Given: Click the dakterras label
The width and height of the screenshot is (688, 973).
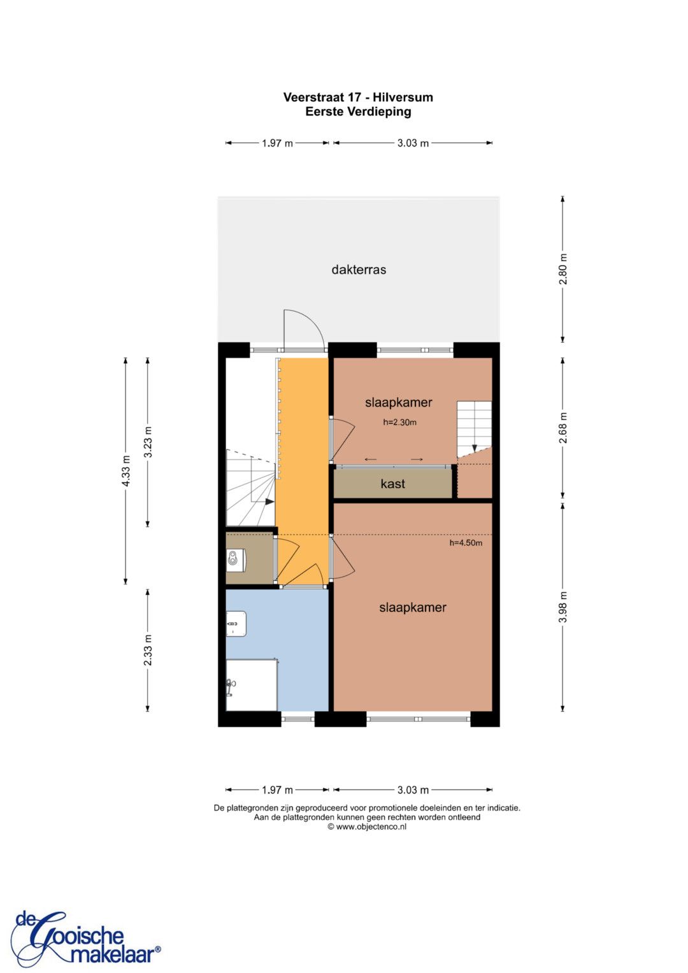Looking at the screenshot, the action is pyautogui.click(x=358, y=270).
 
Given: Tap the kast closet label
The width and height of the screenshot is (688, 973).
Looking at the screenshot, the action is pyautogui.click(x=392, y=484).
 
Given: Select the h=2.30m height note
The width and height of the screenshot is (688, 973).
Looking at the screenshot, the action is pyautogui.click(x=399, y=422).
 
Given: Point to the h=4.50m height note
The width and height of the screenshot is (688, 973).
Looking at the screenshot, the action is pyautogui.click(x=466, y=543).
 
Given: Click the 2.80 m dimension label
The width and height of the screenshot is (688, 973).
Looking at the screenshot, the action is pyautogui.click(x=563, y=269).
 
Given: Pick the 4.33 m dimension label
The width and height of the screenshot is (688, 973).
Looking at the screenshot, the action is pyautogui.click(x=126, y=471).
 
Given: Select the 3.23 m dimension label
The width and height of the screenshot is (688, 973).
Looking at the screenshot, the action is pyautogui.click(x=148, y=442).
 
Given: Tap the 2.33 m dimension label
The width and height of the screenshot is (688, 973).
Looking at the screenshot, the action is pyautogui.click(x=148, y=650).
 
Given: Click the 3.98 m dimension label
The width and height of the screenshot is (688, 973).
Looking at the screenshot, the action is pyautogui.click(x=563, y=607).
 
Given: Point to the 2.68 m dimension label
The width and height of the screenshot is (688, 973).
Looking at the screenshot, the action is pyautogui.click(x=563, y=428).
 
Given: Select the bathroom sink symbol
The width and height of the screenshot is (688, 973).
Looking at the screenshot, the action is pyautogui.click(x=236, y=624).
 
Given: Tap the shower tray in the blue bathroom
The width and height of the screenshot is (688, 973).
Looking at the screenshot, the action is pyautogui.click(x=252, y=685).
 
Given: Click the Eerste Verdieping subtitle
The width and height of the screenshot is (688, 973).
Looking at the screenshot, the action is pyautogui.click(x=358, y=112).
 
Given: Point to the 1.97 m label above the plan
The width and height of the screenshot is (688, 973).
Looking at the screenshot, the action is pyautogui.click(x=277, y=143).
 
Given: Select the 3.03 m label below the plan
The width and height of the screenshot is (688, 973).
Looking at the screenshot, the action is pyautogui.click(x=413, y=789).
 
